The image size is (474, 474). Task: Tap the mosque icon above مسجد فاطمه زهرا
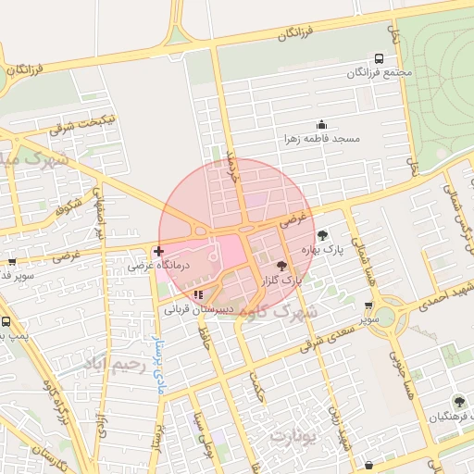(321, 124)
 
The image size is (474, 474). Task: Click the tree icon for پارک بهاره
(322, 235)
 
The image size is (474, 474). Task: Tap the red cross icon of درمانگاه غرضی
(158, 251)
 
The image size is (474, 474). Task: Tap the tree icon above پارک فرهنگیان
(456, 402)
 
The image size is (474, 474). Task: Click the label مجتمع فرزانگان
(379, 72)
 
